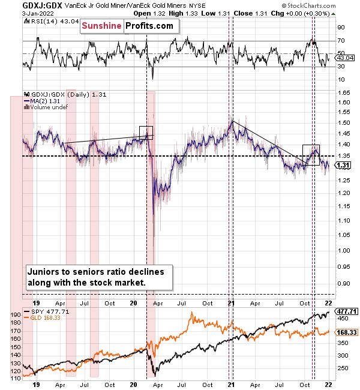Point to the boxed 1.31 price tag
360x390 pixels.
[x=343, y=165]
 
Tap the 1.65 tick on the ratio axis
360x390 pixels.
[x=343, y=93]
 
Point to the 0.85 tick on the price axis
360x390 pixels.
[x=343, y=294]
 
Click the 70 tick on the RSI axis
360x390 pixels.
[x=340, y=41]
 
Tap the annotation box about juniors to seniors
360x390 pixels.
[x=99, y=277]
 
